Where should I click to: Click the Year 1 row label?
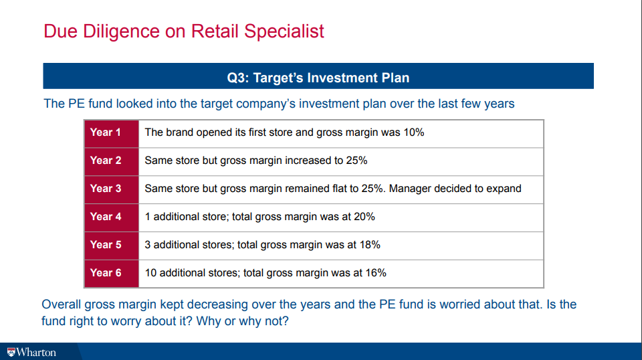click(x=105, y=132)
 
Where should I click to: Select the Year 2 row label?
click(x=106, y=160)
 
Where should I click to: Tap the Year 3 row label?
click(x=106, y=189)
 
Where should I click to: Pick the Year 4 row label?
click(x=106, y=216)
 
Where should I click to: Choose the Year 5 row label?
click(x=106, y=244)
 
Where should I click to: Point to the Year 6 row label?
click(x=106, y=273)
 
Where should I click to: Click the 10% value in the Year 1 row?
click(x=413, y=132)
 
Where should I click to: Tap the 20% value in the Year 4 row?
click(x=364, y=216)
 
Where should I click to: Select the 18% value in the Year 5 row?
click(x=370, y=244)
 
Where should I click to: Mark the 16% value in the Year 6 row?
click(x=376, y=273)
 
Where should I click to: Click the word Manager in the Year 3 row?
click(x=410, y=189)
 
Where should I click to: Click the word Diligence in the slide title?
click(x=121, y=31)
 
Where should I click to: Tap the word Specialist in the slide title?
click(x=284, y=31)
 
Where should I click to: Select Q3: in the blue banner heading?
click(x=238, y=78)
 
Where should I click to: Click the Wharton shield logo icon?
click(x=11, y=352)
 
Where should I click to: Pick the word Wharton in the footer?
click(x=36, y=352)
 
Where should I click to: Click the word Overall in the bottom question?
click(x=61, y=304)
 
